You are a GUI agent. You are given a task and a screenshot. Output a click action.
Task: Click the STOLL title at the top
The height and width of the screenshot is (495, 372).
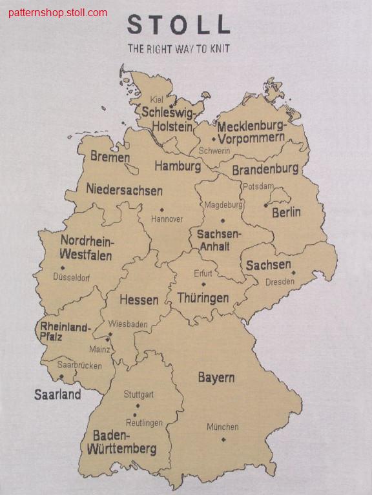(x=178, y=24)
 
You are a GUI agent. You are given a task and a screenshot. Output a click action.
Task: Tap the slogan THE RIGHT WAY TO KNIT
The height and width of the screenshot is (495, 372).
(x=178, y=48)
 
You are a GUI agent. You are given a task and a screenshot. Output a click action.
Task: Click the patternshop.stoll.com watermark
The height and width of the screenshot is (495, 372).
(x=58, y=12)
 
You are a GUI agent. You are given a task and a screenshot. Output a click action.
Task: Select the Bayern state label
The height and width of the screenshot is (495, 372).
(x=216, y=378)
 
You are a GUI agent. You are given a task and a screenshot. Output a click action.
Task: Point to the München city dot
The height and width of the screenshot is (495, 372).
(x=223, y=440)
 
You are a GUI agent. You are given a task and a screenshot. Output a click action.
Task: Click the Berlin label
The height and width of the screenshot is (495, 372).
(x=286, y=212)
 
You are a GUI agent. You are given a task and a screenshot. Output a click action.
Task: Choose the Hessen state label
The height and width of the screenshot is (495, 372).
(x=139, y=300)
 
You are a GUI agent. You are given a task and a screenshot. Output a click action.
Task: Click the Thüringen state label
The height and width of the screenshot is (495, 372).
(x=203, y=298)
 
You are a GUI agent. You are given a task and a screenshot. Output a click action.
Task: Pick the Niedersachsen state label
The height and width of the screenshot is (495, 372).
(x=124, y=191)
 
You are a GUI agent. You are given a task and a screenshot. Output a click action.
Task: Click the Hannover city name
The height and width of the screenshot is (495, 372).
(x=167, y=219)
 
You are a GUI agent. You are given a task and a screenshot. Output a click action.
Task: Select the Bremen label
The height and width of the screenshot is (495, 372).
(x=110, y=157)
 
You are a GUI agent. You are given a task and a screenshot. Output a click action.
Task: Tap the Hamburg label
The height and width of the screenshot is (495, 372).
(x=178, y=166)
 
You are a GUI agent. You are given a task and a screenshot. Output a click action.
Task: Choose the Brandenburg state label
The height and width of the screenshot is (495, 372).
(x=265, y=170)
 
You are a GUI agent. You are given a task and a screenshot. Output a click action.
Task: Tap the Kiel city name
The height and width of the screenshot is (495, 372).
(x=157, y=99)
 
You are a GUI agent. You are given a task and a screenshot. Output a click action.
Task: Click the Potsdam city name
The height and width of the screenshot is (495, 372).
(x=258, y=186)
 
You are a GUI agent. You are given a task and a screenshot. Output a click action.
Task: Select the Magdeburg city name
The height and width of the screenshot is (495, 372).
(x=223, y=205)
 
